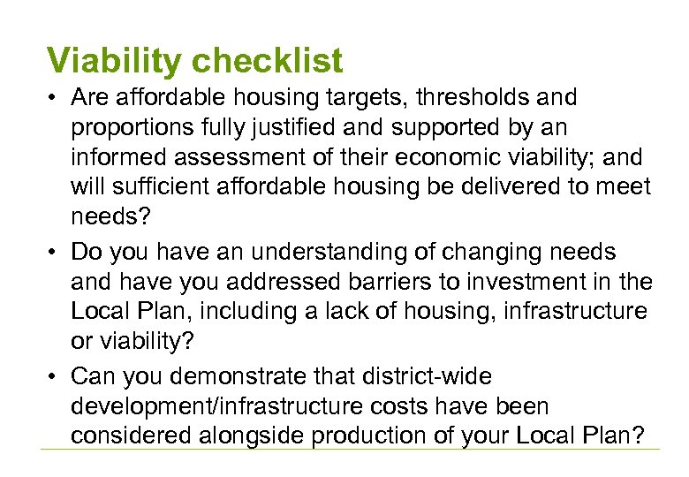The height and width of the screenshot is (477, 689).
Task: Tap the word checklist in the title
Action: [267, 61]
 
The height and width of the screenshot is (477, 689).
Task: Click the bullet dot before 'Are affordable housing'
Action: [55, 97]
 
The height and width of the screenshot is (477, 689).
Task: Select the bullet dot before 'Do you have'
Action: [55, 253]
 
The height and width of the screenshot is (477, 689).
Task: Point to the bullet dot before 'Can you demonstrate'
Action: [55, 377]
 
